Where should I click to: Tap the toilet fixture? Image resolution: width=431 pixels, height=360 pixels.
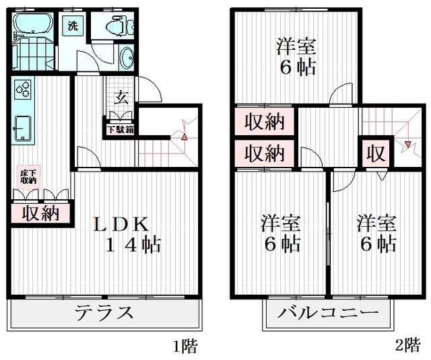[x=120, y=26]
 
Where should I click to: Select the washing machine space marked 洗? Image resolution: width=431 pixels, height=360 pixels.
[x=73, y=26]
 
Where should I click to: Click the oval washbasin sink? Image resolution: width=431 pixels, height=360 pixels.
[x=127, y=58]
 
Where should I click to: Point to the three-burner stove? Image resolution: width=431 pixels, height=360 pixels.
[x=23, y=89]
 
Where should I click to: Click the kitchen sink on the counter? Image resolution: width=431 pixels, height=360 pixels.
[x=22, y=129]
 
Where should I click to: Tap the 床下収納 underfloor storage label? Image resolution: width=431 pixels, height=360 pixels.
[x=28, y=177]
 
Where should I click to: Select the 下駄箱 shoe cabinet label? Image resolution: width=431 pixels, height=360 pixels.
[x=121, y=130]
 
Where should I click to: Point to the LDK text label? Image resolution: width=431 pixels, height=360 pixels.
[x=121, y=224]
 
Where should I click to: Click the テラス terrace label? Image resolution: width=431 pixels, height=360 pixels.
[x=104, y=313]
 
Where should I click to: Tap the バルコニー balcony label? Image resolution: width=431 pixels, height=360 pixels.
[x=328, y=313]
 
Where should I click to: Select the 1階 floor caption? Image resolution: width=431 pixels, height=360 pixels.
[x=185, y=346]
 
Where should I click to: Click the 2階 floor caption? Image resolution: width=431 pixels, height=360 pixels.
[x=407, y=345]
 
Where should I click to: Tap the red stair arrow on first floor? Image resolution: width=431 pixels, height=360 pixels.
[x=184, y=137]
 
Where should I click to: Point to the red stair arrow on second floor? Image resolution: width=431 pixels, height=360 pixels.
[x=408, y=144]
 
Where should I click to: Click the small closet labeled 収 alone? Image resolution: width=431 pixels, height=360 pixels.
[x=376, y=154]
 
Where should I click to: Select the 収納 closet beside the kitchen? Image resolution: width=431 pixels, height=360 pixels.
[x=40, y=213]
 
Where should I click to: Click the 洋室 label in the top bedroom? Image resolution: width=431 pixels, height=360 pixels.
[x=296, y=46]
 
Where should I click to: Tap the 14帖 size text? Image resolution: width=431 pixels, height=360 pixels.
[x=133, y=245]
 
